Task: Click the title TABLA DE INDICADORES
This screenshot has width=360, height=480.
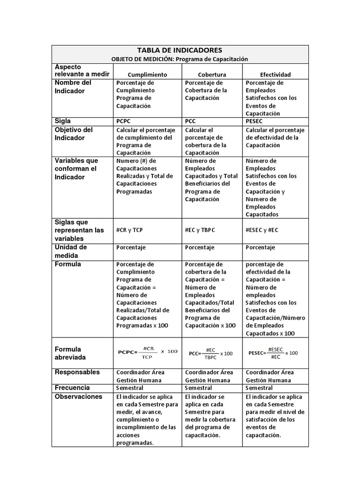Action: pos(180,50)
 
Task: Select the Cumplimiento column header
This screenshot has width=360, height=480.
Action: pos(147,75)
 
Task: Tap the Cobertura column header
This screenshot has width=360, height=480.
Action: pos(212,75)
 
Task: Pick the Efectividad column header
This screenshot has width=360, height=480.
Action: pos(275,75)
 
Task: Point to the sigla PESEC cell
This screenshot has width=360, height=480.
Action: pos(255,121)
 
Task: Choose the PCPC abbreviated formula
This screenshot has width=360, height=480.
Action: pos(148,352)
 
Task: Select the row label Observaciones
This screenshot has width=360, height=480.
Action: pos(78,397)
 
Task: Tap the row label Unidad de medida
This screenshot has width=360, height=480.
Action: pos(71,251)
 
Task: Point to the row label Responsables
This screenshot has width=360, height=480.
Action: pos(77,372)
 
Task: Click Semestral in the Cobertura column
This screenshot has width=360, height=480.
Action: pos(198,388)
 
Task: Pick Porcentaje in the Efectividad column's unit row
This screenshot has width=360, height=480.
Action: pos(260,247)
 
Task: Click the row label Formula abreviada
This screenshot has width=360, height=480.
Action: pos(70,353)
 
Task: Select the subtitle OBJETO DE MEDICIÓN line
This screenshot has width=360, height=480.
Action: pos(180,59)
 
